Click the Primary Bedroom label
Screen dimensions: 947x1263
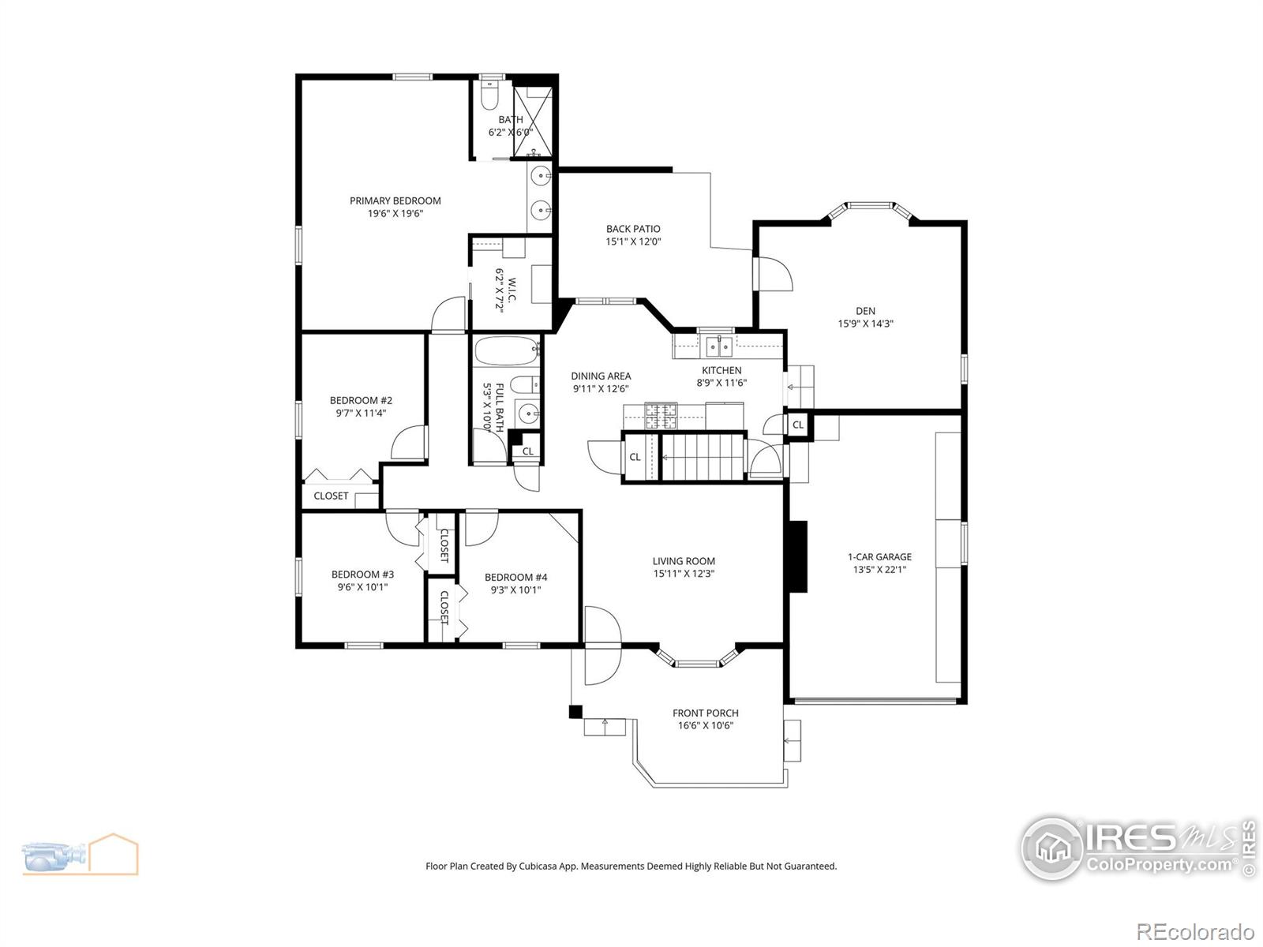395,200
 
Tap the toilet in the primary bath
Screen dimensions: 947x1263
489,97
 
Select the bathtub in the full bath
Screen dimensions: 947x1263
505,352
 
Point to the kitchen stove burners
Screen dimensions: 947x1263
661,415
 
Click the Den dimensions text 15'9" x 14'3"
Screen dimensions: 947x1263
865,324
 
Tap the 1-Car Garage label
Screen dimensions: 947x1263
879,556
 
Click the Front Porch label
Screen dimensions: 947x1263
705,713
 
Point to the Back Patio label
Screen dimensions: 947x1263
633,229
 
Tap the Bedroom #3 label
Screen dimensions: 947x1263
362,575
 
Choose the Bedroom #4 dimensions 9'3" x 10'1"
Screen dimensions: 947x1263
515,590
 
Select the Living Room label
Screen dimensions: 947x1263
684,561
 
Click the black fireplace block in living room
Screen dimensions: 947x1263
799,556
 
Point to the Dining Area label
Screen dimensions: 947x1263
601,376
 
